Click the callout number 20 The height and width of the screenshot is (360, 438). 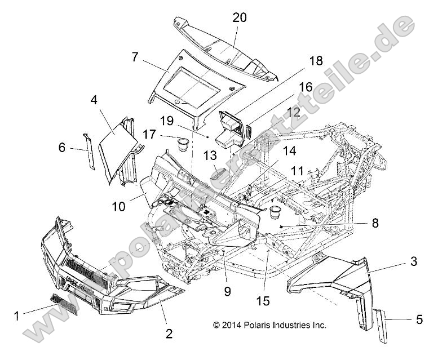point(240,17)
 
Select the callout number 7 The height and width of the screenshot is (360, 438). point(134,56)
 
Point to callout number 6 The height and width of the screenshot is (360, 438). point(61,148)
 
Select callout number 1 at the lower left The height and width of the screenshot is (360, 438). point(16,316)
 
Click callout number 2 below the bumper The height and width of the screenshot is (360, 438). point(168,334)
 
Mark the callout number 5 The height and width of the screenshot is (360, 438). point(419,319)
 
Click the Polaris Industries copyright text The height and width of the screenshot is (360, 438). point(269,325)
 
